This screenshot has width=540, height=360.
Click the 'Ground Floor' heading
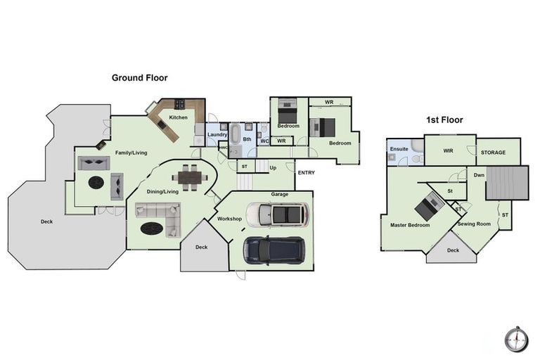[x=139, y=77]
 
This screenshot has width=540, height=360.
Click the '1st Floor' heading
[x=444, y=120]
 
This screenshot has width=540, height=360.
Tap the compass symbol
[x=515, y=338]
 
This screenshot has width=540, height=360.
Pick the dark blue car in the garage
[x=274, y=249]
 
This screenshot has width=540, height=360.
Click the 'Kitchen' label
[x=178, y=117]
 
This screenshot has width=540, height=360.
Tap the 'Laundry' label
[x=217, y=134]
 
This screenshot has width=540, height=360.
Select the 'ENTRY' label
[x=306, y=172]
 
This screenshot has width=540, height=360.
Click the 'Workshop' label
[x=229, y=219]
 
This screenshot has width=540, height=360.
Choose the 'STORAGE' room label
[x=492, y=153]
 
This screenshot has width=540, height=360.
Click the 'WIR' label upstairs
[x=447, y=150]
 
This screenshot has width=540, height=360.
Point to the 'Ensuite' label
[x=399, y=149]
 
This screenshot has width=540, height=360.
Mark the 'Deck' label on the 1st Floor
[x=453, y=250]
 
